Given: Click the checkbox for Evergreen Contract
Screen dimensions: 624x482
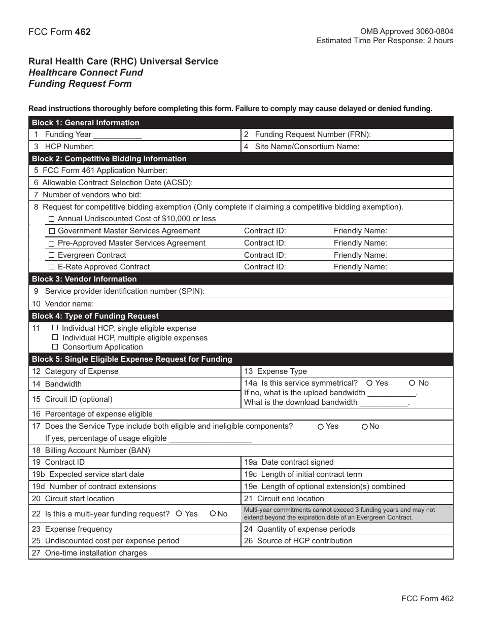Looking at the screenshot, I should coord(51,255).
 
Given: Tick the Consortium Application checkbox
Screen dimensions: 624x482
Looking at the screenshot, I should coord(55,346).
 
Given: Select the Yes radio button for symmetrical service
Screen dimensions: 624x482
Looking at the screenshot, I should coord(370,383).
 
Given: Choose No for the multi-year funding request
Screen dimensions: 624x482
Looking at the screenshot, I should coord(213,514).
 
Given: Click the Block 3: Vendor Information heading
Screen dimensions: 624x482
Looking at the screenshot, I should coord(84,279).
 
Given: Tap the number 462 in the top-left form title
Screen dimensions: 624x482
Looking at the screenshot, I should coord(83,32).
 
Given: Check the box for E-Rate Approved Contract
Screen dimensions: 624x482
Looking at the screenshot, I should coord(51,267).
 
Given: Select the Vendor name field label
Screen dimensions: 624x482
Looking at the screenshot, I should coord(69,304).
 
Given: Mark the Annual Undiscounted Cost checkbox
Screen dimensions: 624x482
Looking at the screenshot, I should coord(51,219).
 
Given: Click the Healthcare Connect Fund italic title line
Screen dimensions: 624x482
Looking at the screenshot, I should coord(86,73).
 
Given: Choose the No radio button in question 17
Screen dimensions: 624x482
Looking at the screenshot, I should coord(365,427).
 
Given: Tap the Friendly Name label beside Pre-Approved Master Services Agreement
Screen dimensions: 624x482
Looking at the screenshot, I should coord(360,243).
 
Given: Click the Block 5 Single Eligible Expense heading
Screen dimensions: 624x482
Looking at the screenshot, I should coord(132,359).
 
